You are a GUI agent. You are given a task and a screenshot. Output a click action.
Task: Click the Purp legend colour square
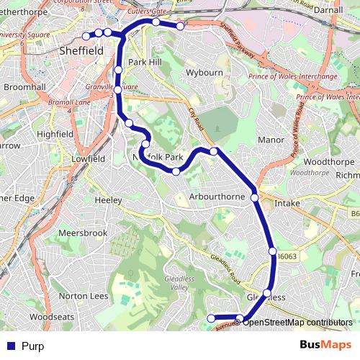pyautogui.click(x=9, y=346)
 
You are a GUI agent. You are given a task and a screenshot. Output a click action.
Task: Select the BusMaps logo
pyautogui.click(x=320, y=345)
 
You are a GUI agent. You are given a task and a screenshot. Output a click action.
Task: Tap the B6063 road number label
pyautogui.click(x=287, y=254)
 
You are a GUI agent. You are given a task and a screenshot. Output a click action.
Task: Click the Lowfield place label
pyautogui.click(x=89, y=158)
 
